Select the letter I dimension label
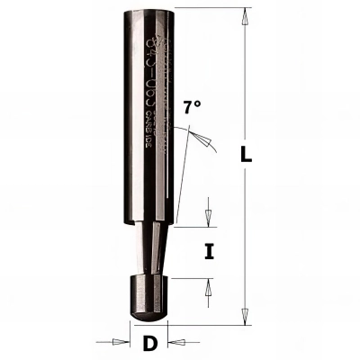click(209, 253)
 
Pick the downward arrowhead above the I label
click(208, 220)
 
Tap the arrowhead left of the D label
click(121, 343)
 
